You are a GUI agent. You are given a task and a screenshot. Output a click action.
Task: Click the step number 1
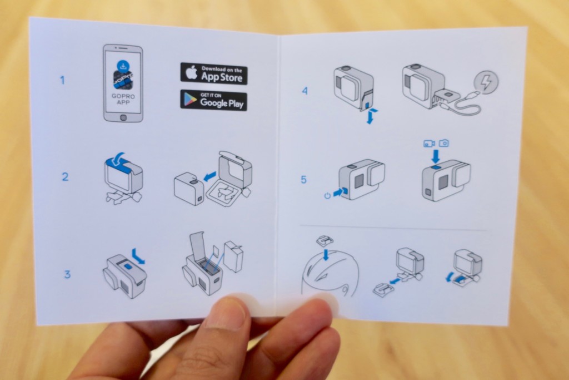[x=62, y=80]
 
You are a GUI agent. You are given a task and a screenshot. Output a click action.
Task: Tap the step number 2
[x=65, y=176]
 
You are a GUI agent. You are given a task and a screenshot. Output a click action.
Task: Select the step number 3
[x=67, y=274]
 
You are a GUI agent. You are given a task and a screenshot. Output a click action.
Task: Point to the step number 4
[x=305, y=91]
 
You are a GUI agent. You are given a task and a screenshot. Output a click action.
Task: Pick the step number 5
[x=304, y=180]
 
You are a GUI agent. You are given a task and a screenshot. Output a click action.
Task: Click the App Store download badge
[x=214, y=73]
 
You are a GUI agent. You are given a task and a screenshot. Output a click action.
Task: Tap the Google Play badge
[x=214, y=100]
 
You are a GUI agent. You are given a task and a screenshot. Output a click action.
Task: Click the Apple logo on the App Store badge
[x=192, y=73]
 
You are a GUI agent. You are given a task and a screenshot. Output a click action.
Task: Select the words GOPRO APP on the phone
[x=123, y=99]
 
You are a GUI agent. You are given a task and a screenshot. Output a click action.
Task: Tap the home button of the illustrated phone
[x=123, y=117]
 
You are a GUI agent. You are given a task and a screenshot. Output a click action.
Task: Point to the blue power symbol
[x=327, y=196]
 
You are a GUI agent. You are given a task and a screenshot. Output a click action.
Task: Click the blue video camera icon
[x=430, y=143]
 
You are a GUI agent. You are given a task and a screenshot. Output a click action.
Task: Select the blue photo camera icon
[x=444, y=143]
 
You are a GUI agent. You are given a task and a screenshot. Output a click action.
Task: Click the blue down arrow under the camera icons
[x=436, y=156]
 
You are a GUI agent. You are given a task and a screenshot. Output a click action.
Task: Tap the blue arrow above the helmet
[x=326, y=254]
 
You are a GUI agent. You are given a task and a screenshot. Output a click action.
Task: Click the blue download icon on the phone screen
[x=123, y=66]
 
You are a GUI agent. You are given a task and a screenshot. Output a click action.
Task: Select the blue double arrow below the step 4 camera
[x=370, y=116]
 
